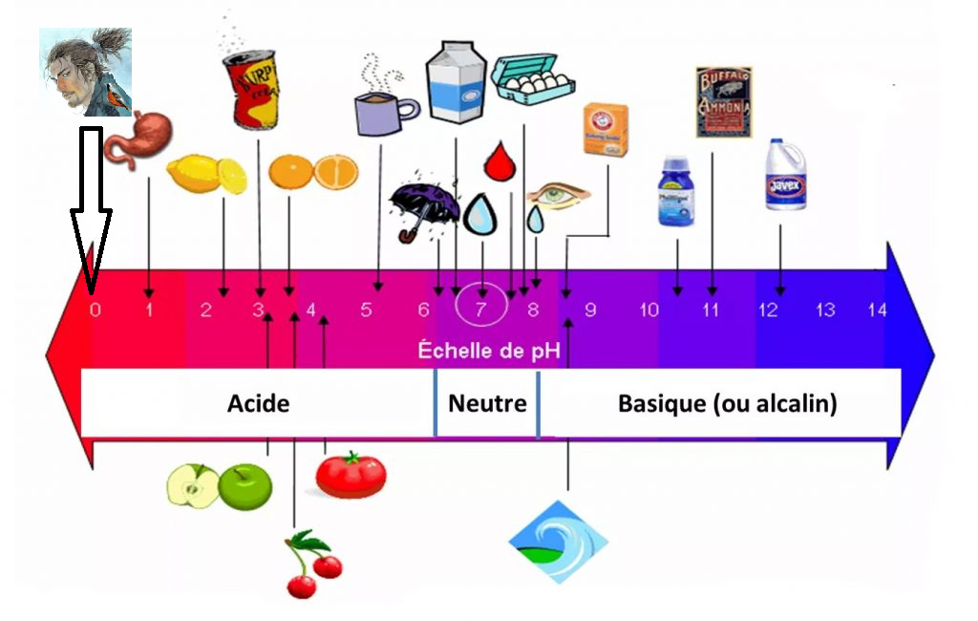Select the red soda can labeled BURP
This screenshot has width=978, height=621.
(x=250, y=89)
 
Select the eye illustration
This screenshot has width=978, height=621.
(x=558, y=194)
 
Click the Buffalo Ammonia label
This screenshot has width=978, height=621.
(x=724, y=102)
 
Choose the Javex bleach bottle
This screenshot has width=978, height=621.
(x=785, y=176)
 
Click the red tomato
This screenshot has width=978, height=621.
(x=351, y=475)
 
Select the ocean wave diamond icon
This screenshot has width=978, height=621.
(x=558, y=541)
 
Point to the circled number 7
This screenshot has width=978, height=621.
(x=481, y=308)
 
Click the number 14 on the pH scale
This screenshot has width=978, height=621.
(x=878, y=310)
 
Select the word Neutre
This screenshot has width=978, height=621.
(x=487, y=403)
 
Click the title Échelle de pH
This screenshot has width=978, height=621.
(x=487, y=351)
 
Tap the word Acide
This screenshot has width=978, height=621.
(x=258, y=403)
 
